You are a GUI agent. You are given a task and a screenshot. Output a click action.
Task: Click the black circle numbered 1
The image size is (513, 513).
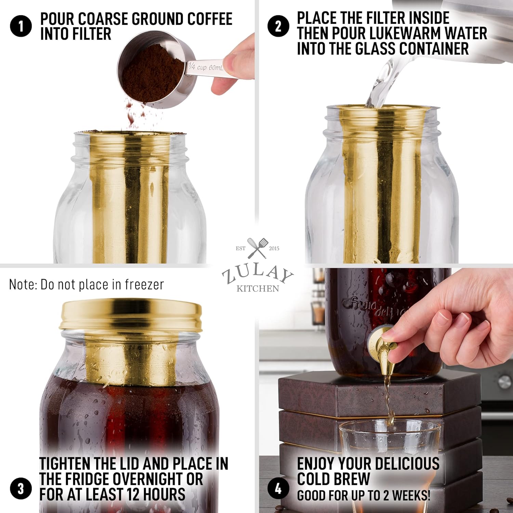coord(21,26)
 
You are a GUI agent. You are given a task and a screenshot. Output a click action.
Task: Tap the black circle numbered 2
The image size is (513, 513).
coord(278,26)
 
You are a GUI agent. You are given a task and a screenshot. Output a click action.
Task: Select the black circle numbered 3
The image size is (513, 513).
coord(21,488)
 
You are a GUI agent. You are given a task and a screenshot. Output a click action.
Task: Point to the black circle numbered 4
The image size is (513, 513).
coord(278,488)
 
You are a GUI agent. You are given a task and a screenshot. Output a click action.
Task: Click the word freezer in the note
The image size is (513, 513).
coord(144,285)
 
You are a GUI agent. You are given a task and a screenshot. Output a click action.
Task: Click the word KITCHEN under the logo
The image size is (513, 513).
coord(258,289)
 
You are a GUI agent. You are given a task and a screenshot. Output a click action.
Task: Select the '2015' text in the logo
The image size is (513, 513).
coord(274,248)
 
